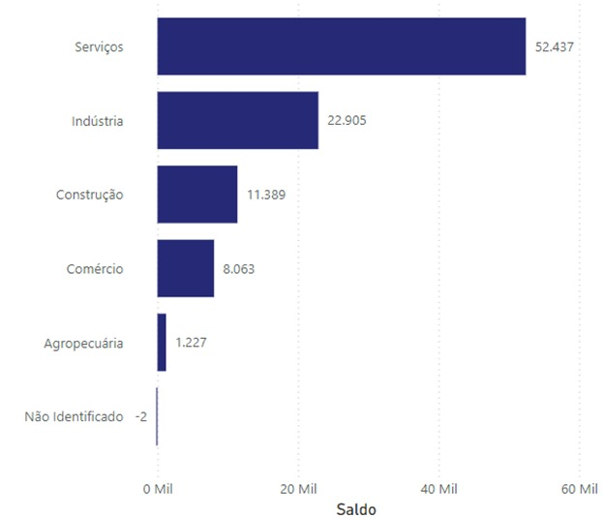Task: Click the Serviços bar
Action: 341,46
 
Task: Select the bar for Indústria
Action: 237,120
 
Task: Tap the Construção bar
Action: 196,195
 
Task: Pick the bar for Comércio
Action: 185,268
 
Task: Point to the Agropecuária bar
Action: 162,342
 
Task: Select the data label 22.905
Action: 347,120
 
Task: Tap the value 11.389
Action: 265,195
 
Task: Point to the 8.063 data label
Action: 238,268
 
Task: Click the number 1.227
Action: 191,342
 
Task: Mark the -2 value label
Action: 141,416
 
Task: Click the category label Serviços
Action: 99,46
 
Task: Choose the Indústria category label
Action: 97,121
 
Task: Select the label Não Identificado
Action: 74,416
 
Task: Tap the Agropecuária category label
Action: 83,343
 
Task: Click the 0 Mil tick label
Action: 157,489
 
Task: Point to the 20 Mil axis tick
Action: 298,489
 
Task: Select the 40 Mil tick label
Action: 438,489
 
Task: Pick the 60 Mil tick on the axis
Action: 579,489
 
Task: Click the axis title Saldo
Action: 355,508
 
